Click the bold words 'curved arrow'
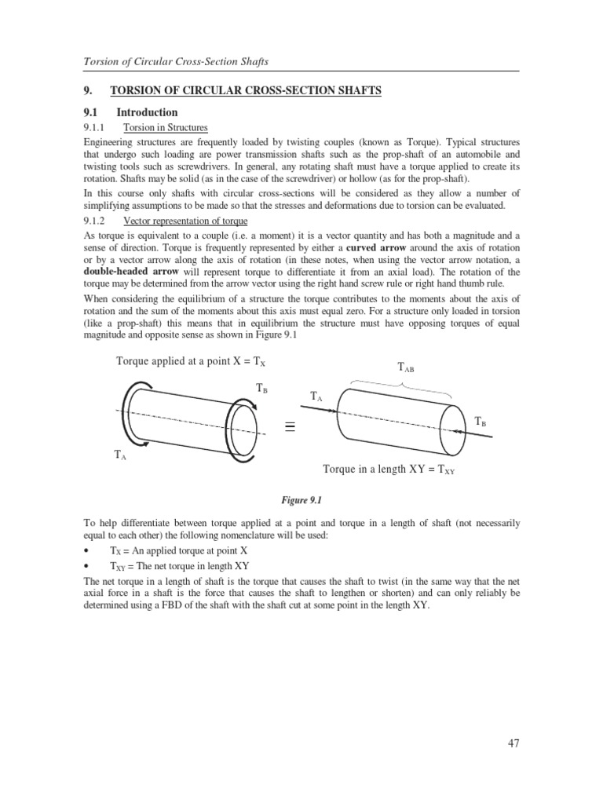tap(380, 248)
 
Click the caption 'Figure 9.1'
tap(301, 499)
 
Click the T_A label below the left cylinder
tap(121, 455)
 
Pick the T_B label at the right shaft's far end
tap(481, 422)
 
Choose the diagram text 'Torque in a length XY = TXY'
tap(389, 469)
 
